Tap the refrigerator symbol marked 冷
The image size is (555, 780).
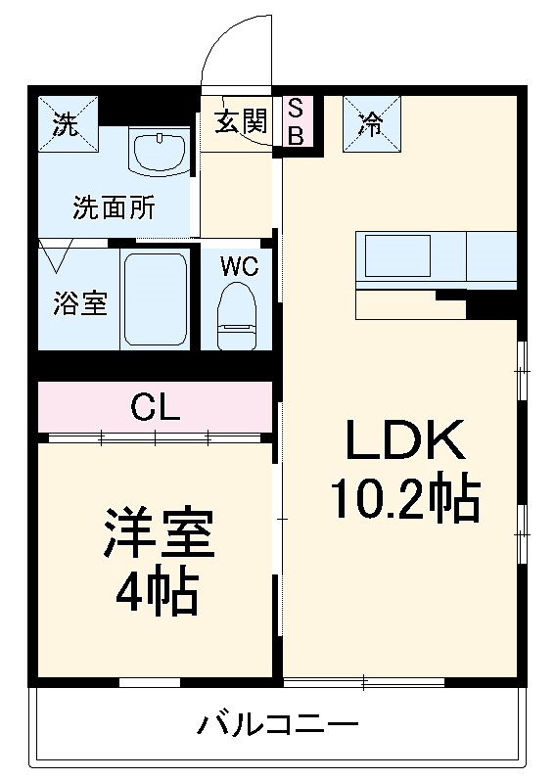[x=369, y=125]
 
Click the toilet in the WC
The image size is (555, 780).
[x=236, y=311]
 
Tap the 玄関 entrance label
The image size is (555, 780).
[x=241, y=120]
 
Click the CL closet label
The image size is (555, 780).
[x=156, y=407]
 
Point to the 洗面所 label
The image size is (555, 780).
[x=114, y=207]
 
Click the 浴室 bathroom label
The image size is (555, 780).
[x=79, y=303]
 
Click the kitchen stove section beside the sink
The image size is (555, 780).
[x=491, y=256]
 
